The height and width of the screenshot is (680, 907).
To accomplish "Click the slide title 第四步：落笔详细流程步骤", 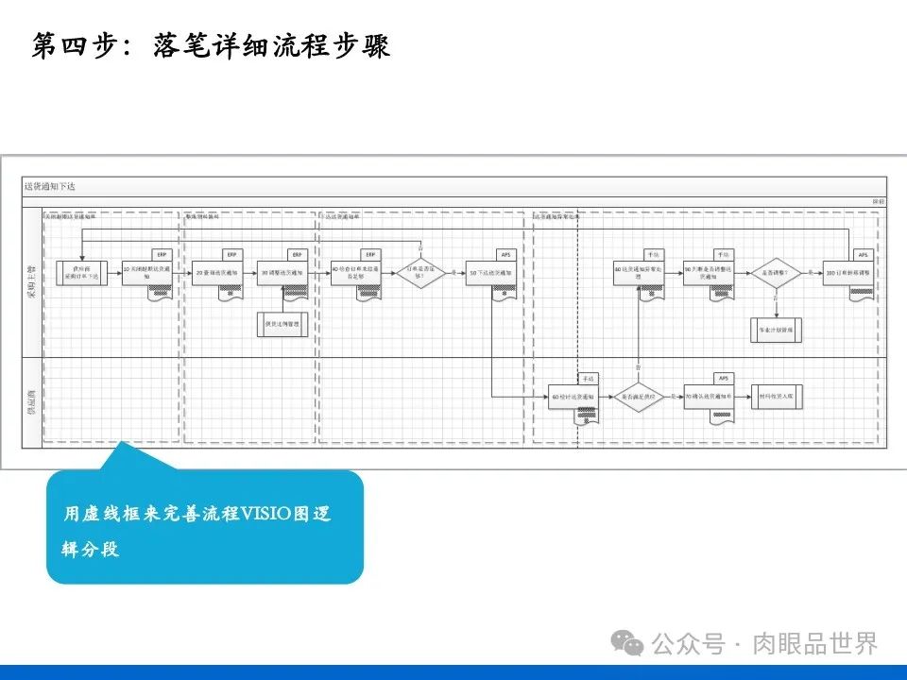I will [210, 46].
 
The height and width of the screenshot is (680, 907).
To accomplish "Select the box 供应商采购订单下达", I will [82, 272].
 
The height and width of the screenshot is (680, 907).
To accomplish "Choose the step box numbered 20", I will [216, 273].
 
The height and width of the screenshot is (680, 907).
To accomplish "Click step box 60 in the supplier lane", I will [573, 397].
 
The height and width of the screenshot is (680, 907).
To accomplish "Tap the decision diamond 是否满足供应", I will [639, 397].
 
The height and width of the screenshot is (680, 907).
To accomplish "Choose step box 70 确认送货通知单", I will [709, 397].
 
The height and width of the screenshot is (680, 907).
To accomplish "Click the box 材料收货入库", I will [778, 397].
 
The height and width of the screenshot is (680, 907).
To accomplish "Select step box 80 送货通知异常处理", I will [639, 273].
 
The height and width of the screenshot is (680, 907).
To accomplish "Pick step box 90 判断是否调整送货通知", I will [709, 273].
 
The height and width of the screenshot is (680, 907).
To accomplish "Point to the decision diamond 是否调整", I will [776, 273].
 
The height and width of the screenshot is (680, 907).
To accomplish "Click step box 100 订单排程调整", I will [847, 273].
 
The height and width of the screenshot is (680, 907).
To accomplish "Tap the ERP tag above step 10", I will [163, 255].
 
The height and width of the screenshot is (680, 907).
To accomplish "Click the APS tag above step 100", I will [863, 255].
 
